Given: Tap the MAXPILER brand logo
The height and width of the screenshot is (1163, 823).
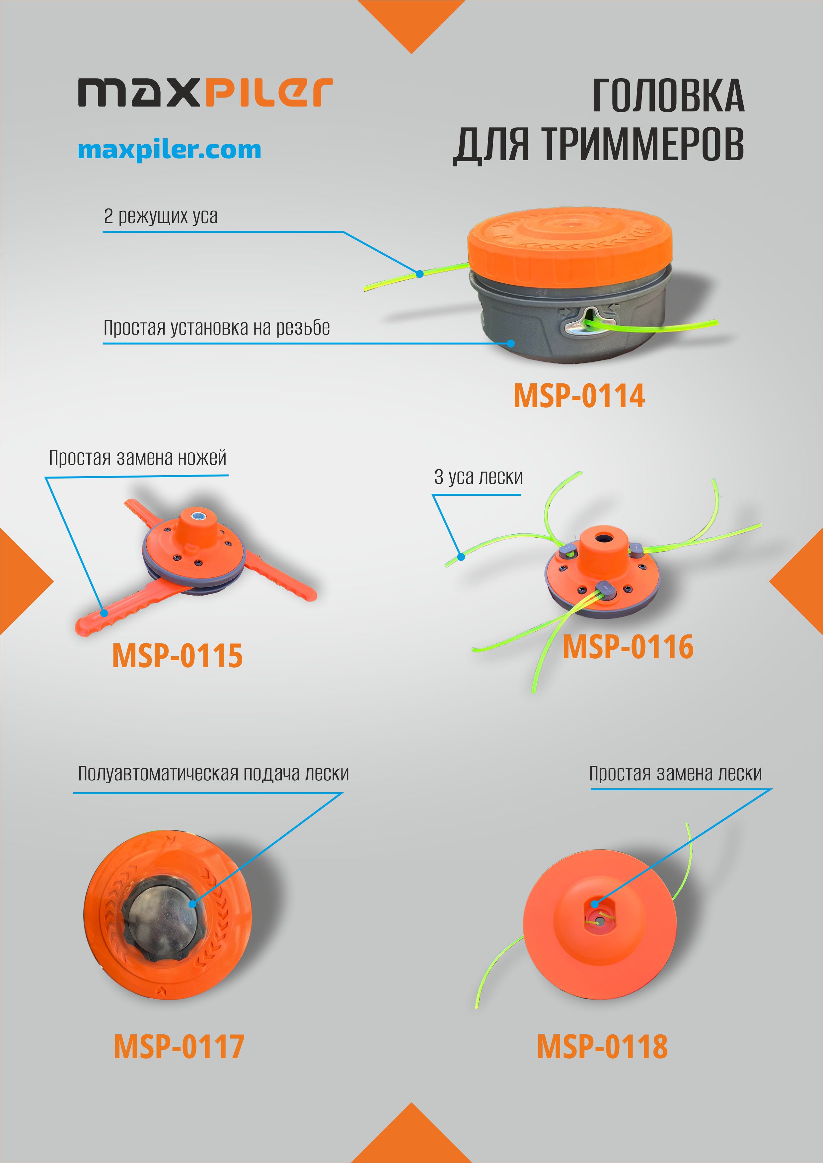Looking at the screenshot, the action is point(205,92).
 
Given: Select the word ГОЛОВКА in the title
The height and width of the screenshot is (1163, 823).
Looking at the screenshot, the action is point(668,96).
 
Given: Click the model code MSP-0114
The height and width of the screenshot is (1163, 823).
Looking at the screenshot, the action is point(579,396).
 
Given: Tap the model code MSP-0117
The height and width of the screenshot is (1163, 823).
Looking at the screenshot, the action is point(179,1046).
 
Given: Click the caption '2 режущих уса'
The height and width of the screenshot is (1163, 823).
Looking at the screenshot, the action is point(161,216).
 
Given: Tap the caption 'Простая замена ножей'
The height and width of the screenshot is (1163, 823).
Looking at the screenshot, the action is point(137,458).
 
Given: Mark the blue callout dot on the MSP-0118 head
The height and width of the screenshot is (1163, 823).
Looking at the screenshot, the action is point(594,904).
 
